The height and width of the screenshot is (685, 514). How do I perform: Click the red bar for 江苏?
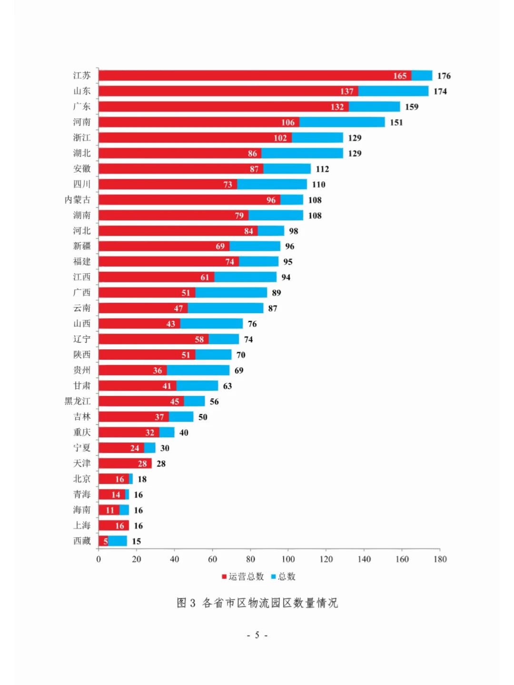click(255, 76)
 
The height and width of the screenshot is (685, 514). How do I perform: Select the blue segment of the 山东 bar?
click(393, 91)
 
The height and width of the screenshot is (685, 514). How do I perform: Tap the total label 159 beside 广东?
click(412, 107)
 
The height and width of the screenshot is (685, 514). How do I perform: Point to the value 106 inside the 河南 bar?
click(288, 122)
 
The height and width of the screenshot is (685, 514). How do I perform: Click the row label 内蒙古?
click(78, 200)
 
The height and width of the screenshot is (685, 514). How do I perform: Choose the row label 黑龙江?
click(78, 401)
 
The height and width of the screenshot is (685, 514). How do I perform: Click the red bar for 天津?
click(125, 463)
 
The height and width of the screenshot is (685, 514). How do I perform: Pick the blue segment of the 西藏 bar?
click(118, 541)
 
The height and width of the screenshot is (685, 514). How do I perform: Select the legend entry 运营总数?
click(243, 576)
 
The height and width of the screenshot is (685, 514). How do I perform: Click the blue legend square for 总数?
click(274, 576)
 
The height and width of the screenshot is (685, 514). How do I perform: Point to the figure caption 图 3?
click(186, 603)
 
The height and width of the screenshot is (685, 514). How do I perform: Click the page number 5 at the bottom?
click(257, 635)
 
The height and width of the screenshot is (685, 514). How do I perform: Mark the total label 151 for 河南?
click(396, 122)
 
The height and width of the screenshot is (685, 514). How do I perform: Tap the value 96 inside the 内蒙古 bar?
click(271, 200)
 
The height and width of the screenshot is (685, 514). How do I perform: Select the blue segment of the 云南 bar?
click(226, 308)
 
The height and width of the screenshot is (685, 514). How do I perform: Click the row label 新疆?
click(82, 246)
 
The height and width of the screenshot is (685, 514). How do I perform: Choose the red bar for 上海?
click(114, 525)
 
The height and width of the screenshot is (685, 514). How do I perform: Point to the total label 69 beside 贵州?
click(239, 370)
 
